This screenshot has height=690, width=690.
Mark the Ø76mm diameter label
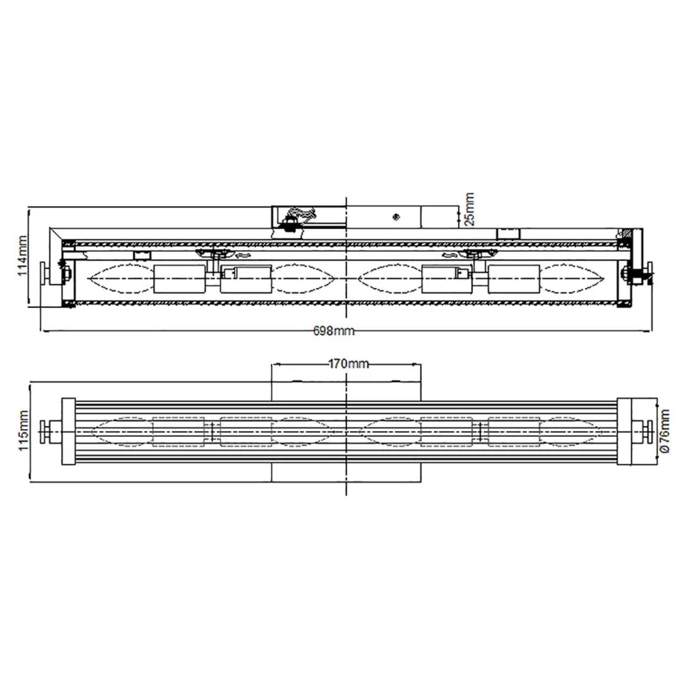coord(664,431)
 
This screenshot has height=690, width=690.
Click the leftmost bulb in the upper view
coord(119,278)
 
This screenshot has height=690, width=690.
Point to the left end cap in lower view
coord(69,430)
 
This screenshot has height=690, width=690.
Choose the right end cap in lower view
coord(625,430)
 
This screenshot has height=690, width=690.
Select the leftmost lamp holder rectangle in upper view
coord(179,278)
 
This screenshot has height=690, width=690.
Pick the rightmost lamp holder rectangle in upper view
coord(513,278)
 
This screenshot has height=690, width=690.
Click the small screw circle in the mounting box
coord(396,215)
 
